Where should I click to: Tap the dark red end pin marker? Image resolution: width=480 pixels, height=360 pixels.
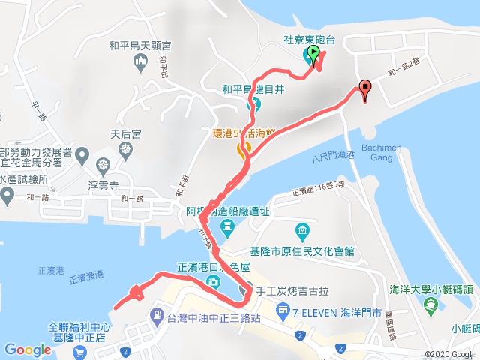(x=365, y=89)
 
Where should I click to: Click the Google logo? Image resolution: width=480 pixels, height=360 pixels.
(x=27, y=349)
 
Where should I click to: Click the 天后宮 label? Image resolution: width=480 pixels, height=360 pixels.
(x=125, y=134)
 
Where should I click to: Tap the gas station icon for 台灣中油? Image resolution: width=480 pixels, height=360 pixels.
(x=157, y=314)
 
